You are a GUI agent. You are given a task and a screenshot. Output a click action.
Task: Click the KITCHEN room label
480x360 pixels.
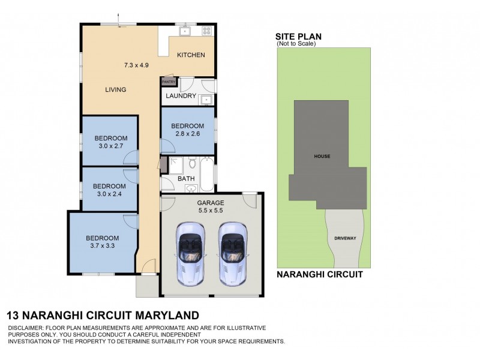click(191, 55)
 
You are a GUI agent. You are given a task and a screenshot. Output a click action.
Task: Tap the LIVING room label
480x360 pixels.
click(115, 90)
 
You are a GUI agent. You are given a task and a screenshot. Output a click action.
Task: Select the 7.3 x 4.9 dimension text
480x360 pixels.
click(136, 64)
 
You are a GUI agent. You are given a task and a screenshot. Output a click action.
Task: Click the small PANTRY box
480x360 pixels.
click(167, 82)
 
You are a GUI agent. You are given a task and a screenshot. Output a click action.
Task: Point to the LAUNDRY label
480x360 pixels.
click(181, 96)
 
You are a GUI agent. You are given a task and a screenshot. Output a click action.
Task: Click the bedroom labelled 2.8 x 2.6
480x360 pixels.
click(187, 130)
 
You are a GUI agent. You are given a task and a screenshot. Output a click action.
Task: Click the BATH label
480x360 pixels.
click(185, 179)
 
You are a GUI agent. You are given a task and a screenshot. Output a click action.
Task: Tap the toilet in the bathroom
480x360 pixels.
click(192, 163)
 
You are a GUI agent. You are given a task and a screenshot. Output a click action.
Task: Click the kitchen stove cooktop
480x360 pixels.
click(206, 31)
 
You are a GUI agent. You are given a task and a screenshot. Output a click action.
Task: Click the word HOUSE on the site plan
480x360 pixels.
click(322, 156)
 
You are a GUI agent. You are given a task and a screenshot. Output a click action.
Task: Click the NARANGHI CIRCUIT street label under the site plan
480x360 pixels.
click(319, 275)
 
